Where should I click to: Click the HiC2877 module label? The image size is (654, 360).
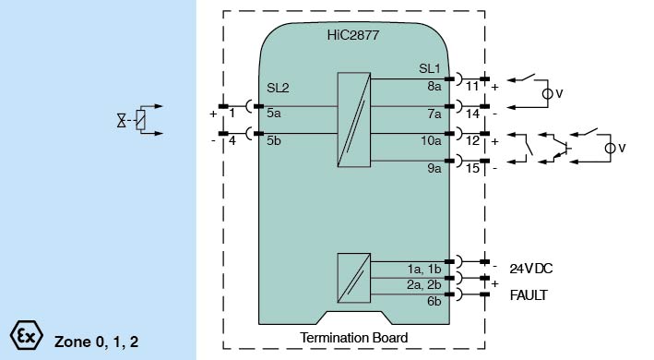coord(353,35)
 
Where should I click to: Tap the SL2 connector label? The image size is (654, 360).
coord(278,88)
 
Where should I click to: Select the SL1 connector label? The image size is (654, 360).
coord(429,68)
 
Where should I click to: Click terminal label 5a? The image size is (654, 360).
coord(274,113)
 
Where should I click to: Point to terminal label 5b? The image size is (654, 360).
coord(274,140)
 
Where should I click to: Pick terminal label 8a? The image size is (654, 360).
coord(434,86)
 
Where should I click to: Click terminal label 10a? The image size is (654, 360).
coord(431,140)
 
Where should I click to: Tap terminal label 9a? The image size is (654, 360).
coord(434,168)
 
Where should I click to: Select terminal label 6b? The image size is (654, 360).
coord(434,301)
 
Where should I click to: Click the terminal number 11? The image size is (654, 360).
coord(472,87)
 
